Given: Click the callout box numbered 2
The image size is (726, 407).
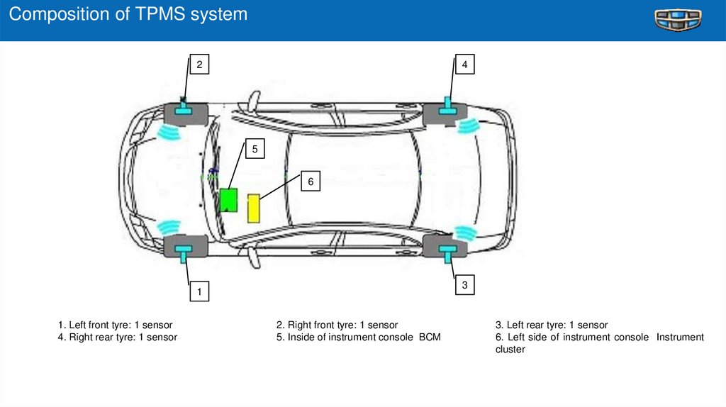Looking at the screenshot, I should coord(199,65).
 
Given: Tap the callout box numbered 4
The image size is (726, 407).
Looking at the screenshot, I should coord(464,65).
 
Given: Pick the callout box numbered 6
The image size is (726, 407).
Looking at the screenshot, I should coord(310,182).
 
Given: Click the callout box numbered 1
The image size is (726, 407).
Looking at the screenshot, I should coord(199,291).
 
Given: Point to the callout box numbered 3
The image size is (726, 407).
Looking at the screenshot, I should coord(464,285).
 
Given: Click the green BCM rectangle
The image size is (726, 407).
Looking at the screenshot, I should coord(228,200).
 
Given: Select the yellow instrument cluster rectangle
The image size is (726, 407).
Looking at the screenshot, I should coord(253,208).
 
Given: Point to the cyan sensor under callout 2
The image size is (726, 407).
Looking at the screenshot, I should coord(185,108).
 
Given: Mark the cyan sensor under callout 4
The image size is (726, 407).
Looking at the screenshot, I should coord(447,108).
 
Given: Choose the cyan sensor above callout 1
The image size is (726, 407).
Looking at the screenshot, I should coord(186,250).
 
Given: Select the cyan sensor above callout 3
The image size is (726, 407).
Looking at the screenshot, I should coord(448,250).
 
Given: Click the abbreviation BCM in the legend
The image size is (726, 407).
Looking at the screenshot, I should coord(429,337).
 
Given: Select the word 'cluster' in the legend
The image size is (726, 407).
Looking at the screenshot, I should coord(510,349).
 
